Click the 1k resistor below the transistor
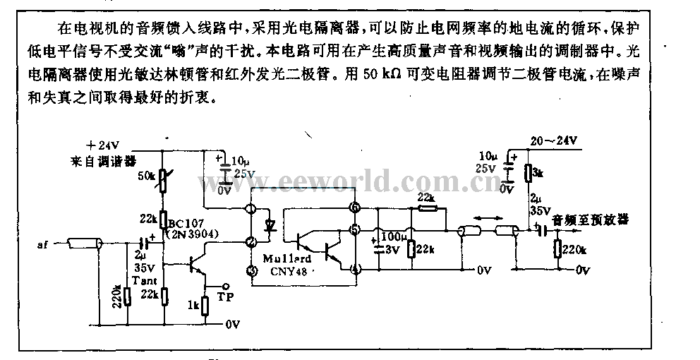click(x=205, y=306)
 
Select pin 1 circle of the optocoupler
click(x=251, y=209)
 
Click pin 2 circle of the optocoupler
click(x=251, y=242)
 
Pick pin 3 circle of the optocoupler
click(x=251, y=270)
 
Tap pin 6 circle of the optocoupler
click(x=355, y=208)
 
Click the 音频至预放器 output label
click(x=590, y=221)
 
